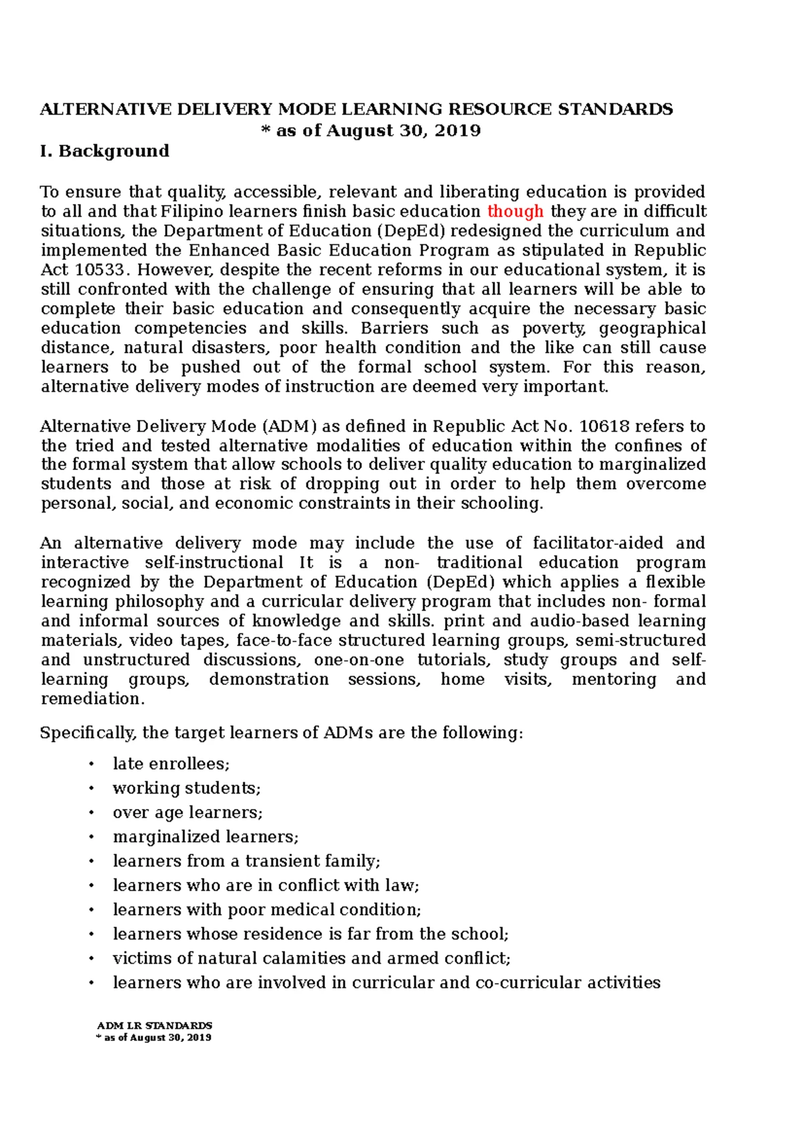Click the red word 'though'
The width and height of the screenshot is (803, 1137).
pos(515,212)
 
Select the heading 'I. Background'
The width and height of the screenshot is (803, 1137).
pos(104,151)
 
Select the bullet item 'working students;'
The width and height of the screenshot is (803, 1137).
pos(187,788)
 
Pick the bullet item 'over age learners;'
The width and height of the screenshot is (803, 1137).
pos(187,812)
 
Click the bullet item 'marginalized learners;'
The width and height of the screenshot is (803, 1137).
pos(205,837)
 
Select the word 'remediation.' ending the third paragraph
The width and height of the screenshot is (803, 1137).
pos(92,699)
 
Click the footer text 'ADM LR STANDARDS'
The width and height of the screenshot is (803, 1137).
pos(155,1025)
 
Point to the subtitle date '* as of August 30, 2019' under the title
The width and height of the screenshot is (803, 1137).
pos(371,131)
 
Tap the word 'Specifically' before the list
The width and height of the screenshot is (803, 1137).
pos(87,733)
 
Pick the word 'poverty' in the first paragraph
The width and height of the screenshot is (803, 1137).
pos(553,329)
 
